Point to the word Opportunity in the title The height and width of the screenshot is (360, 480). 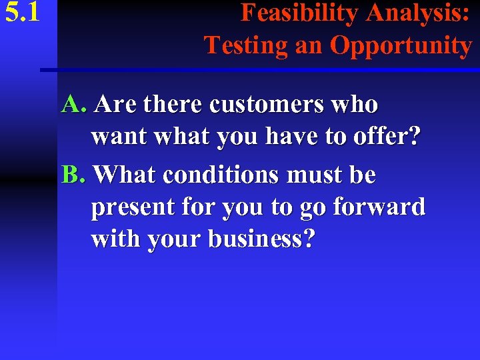[401, 46]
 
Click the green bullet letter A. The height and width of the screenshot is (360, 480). [73, 104]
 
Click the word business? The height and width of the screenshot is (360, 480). [261, 239]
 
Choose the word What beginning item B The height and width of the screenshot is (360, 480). [125, 175]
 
